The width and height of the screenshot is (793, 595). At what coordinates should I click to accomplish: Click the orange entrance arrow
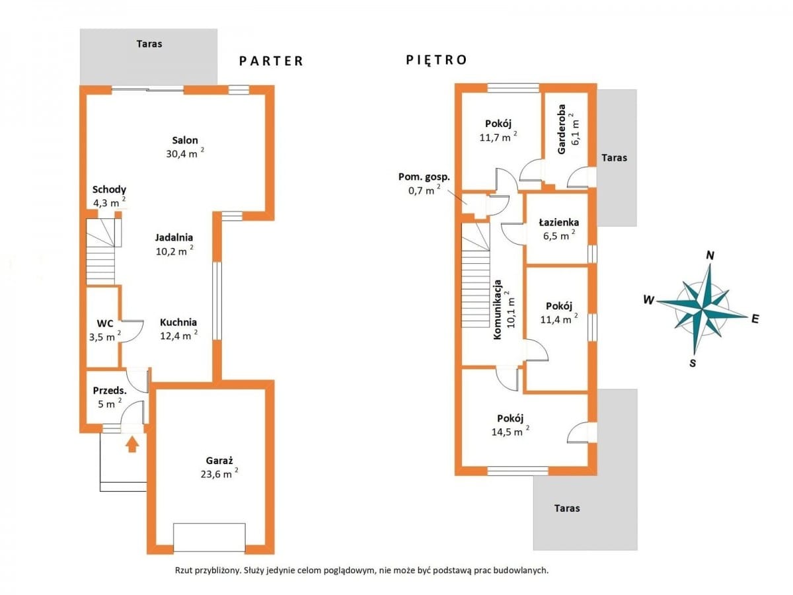click(x=132, y=444)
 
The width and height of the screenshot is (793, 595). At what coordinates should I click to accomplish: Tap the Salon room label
click(x=184, y=140)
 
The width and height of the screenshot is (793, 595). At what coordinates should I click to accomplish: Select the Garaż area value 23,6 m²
click(x=219, y=473)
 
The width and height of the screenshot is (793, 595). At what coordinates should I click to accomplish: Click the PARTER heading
click(x=271, y=61)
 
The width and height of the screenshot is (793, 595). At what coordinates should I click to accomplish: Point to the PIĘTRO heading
click(x=436, y=59)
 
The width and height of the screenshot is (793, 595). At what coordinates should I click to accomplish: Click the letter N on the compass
click(x=710, y=256)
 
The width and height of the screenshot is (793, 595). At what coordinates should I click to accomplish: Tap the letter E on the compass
click(x=755, y=319)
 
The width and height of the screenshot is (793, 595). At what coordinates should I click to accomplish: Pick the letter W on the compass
click(x=649, y=299)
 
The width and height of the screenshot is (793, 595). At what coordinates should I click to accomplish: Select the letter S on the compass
click(x=693, y=363)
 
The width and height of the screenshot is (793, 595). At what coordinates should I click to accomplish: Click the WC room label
click(x=105, y=323)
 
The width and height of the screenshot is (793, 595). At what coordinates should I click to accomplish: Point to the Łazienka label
click(x=558, y=222)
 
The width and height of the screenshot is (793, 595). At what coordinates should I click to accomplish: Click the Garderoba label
click(x=561, y=130)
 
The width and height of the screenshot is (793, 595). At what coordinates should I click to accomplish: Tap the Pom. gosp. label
click(x=424, y=177)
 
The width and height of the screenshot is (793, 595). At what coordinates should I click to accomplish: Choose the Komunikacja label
click(x=498, y=309)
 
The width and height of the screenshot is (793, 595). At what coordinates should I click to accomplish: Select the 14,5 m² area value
click(x=510, y=431)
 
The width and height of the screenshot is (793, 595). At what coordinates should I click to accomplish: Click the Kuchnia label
click(x=178, y=322)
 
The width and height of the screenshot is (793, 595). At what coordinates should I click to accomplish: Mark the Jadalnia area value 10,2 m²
click(x=174, y=251)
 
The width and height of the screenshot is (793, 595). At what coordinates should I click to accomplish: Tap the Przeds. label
click(x=110, y=391)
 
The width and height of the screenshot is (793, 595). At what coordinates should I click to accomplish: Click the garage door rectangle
click(x=209, y=537)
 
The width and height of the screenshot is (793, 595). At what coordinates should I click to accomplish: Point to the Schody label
click(x=109, y=190)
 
